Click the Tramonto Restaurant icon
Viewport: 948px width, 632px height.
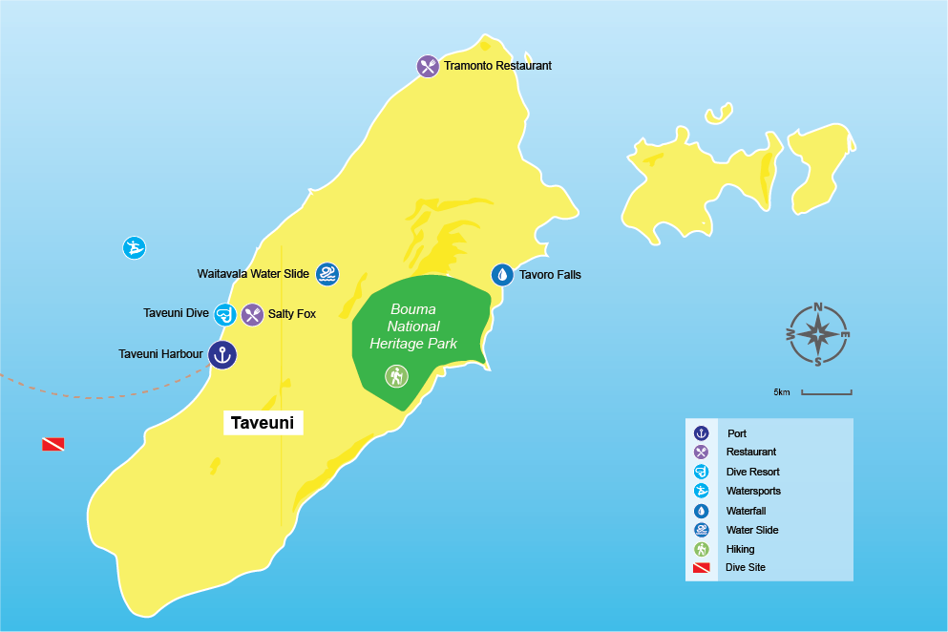(428, 67)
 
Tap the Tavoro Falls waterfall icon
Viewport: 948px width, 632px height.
(502, 275)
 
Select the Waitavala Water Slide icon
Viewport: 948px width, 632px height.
(327, 275)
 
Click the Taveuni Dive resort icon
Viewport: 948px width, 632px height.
(224, 314)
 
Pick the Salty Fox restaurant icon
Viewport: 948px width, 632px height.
(252, 314)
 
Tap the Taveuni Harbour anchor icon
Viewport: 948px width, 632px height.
(221, 355)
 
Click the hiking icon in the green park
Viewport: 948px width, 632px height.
(396, 376)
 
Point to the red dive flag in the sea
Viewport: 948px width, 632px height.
(53, 444)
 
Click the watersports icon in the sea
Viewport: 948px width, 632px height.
(135, 248)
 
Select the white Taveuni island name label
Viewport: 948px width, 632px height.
(263, 422)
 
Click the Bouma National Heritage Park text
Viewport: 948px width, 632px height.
(413, 327)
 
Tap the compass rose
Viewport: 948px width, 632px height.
(818, 334)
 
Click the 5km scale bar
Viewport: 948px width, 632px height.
(826, 392)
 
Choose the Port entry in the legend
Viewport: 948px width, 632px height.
(736, 433)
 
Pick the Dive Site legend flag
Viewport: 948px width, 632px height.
(702, 568)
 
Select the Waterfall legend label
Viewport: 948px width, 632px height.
(746, 511)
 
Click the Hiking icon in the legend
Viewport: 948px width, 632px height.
(702, 549)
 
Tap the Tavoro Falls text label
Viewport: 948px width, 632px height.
(550, 275)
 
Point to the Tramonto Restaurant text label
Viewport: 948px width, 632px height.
(497, 66)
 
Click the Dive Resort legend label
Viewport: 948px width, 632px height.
(752, 472)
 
